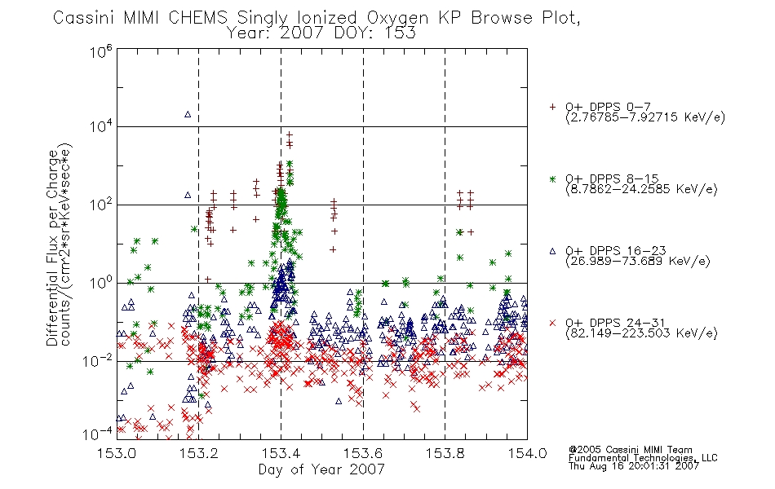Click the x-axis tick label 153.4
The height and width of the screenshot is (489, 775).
pos(281,453)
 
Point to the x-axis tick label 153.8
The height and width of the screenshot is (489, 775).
pos(445,453)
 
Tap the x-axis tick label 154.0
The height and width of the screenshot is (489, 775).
pos(527,453)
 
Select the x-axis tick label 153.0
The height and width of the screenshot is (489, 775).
pos(117,453)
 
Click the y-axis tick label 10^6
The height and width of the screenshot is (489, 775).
pos(101,51)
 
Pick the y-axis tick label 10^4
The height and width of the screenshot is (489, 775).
pos(101,127)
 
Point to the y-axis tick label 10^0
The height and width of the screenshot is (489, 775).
pos(101,283)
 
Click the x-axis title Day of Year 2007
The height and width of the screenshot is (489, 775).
pos(321,469)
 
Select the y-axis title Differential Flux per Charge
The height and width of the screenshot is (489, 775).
pos(52,248)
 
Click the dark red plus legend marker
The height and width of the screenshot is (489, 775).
pos(552,107)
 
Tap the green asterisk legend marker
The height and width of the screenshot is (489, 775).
pos(552,179)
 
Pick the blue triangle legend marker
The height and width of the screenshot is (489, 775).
pos(552,251)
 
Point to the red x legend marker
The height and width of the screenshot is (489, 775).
pos(552,323)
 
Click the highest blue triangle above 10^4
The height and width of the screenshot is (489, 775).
pos(188,115)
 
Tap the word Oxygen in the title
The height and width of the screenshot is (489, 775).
pos(398,18)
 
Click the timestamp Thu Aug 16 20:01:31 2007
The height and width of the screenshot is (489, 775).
pos(634,466)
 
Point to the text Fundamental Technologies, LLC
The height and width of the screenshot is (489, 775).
pos(643,458)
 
